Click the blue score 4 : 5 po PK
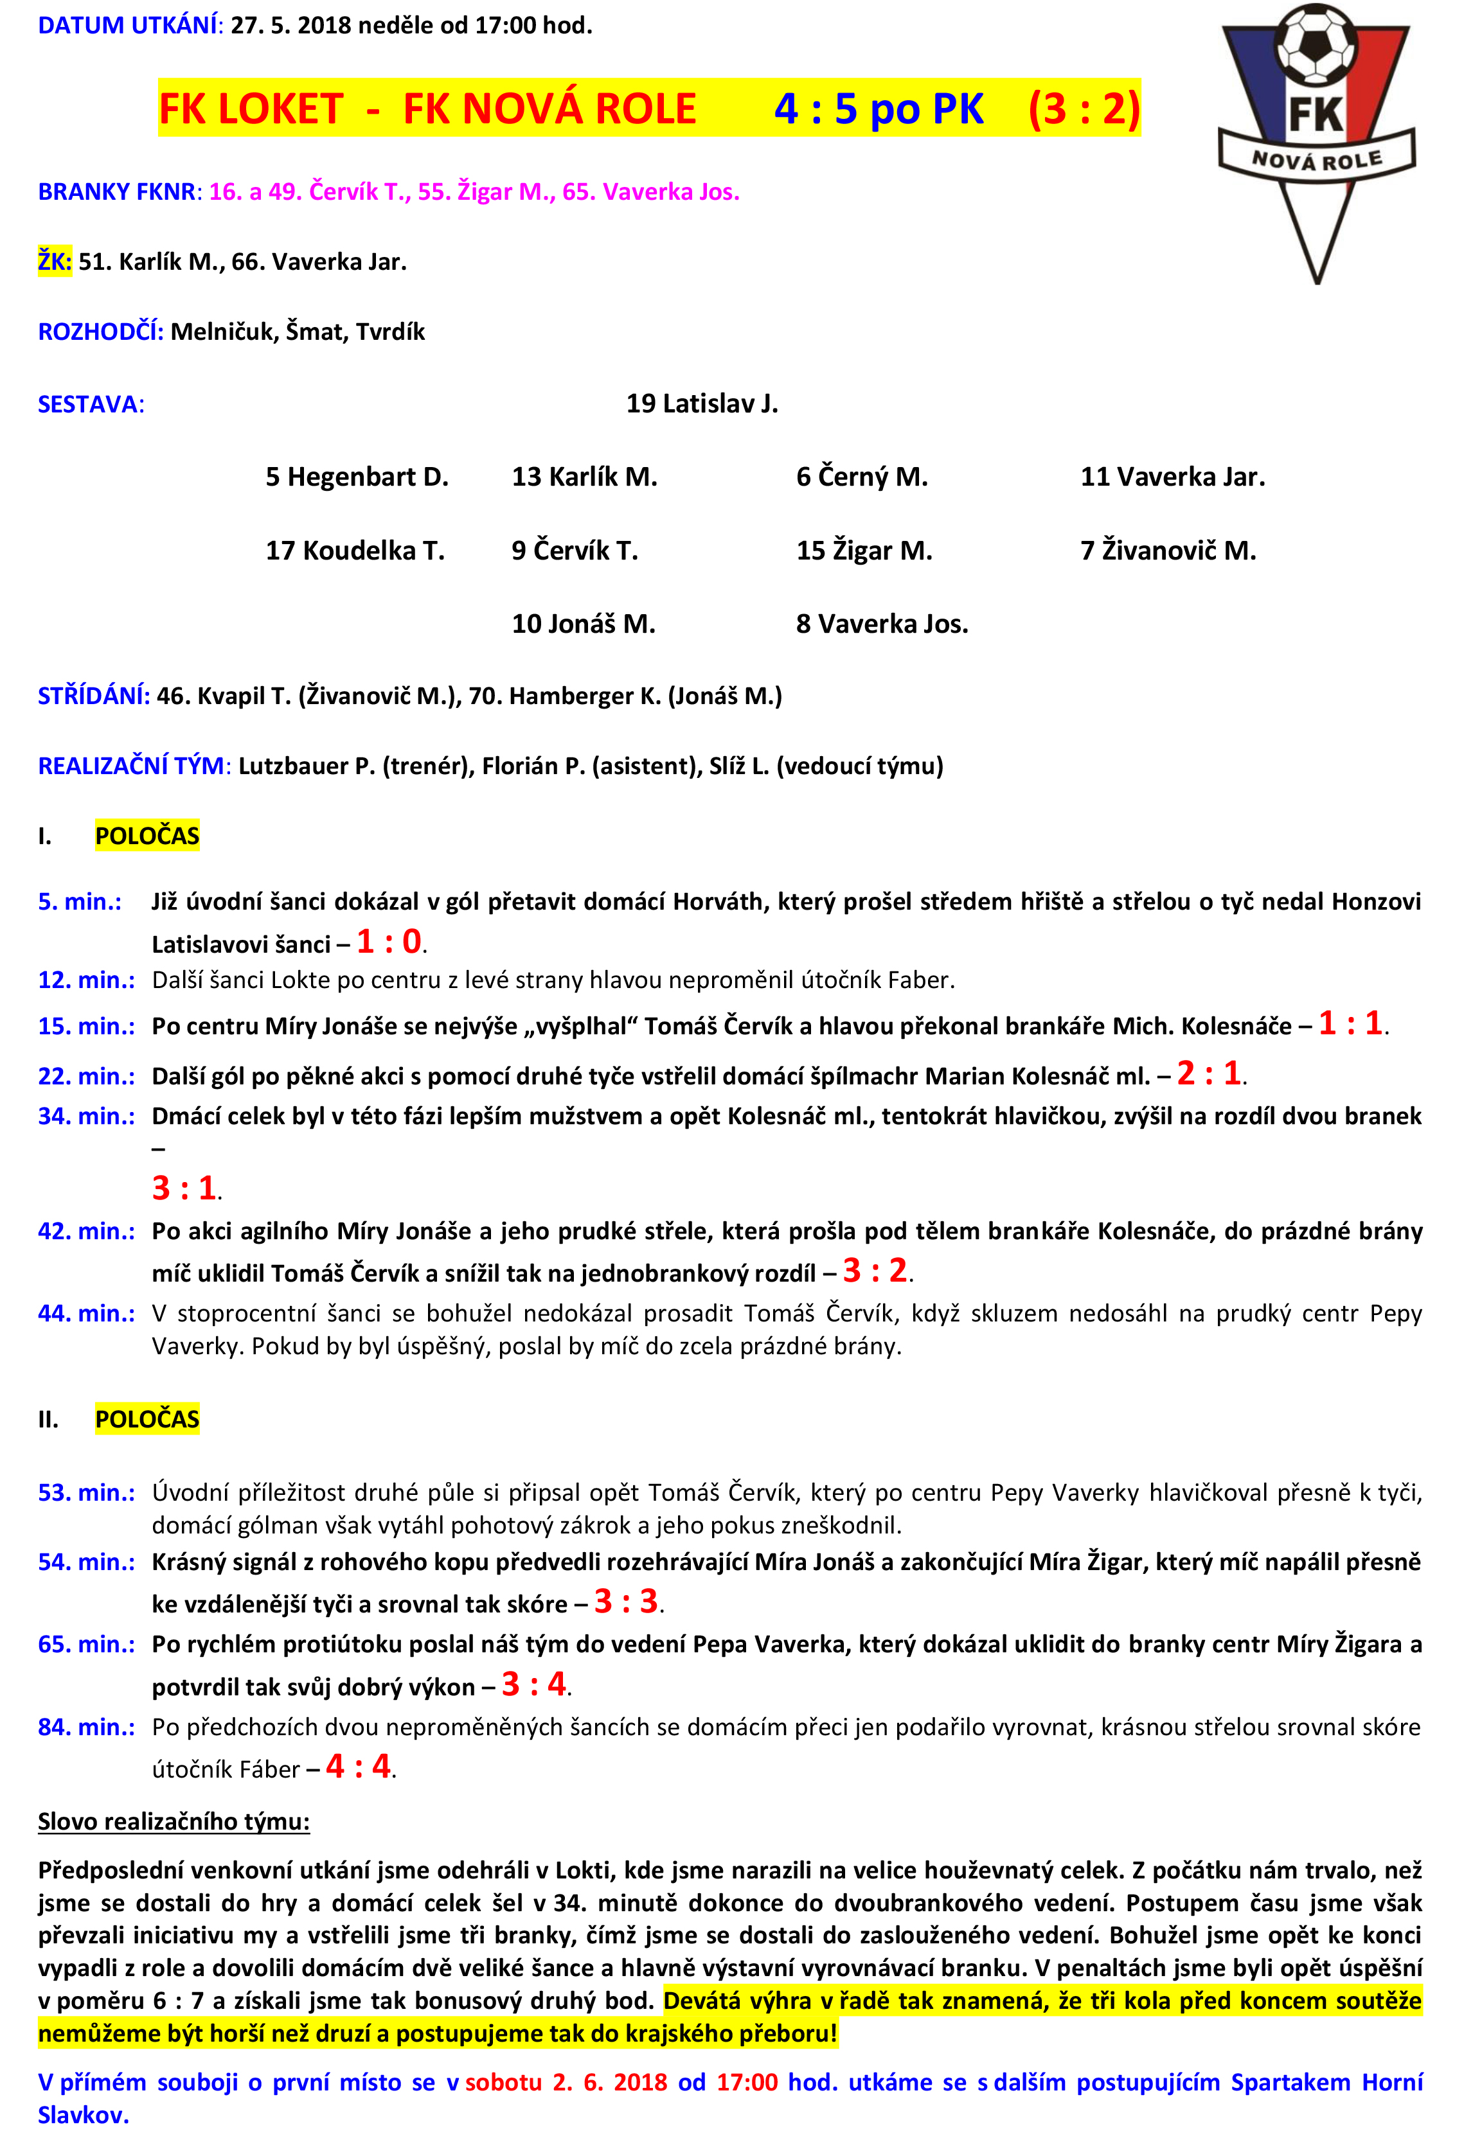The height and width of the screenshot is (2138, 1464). (x=879, y=109)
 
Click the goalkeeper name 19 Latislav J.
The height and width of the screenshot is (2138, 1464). (x=702, y=404)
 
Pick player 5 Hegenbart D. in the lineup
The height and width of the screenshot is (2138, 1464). (x=357, y=477)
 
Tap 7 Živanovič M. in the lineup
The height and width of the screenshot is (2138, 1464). (x=1168, y=550)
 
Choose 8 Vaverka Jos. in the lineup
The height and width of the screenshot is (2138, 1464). (x=882, y=624)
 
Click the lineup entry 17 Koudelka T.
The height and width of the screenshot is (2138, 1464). (x=355, y=550)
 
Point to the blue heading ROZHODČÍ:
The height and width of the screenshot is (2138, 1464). (x=100, y=332)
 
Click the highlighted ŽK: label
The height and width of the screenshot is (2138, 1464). (x=54, y=262)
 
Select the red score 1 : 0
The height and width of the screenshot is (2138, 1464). (x=389, y=941)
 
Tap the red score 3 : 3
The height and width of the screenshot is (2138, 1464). (x=626, y=1602)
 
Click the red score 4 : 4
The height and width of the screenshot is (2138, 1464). (x=358, y=1766)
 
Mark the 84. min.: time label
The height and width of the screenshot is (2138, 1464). (x=85, y=1727)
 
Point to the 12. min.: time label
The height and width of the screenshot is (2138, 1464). (x=85, y=980)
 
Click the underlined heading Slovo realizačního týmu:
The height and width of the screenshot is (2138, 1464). (x=174, y=1821)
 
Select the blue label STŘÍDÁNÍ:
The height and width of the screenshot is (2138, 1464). (x=94, y=696)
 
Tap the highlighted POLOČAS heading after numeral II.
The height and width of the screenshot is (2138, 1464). (x=147, y=1418)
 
